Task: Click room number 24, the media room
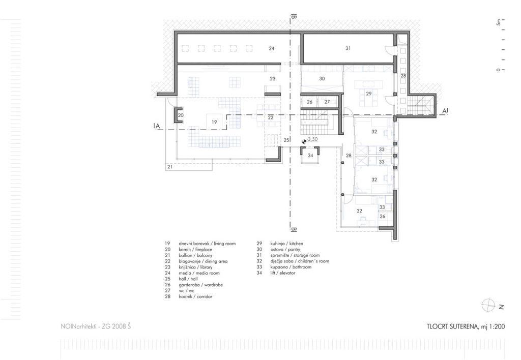click(x=272, y=48)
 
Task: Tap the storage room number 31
click(x=348, y=48)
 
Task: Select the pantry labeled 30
click(x=322, y=79)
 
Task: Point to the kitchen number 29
click(x=368, y=94)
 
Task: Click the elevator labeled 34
click(x=310, y=156)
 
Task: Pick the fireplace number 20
click(x=181, y=115)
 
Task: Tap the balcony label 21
click(x=170, y=167)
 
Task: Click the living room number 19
click(x=214, y=122)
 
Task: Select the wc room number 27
click(x=327, y=102)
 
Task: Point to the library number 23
click(x=273, y=79)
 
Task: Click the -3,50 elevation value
click(x=312, y=139)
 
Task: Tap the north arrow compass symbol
click(x=488, y=305)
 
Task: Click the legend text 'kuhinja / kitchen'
click(x=286, y=244)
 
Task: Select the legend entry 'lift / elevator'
click(x=283, y=273)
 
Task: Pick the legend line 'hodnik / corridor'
click(x=195, y=296)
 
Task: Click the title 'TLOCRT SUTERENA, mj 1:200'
click(x=466, y=327)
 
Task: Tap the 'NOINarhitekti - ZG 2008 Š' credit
click(x=96, y=326)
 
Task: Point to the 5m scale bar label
click(x=498, y=22)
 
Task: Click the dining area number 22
click(x=271, y=117)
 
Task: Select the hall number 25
click(x=286, y=140)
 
